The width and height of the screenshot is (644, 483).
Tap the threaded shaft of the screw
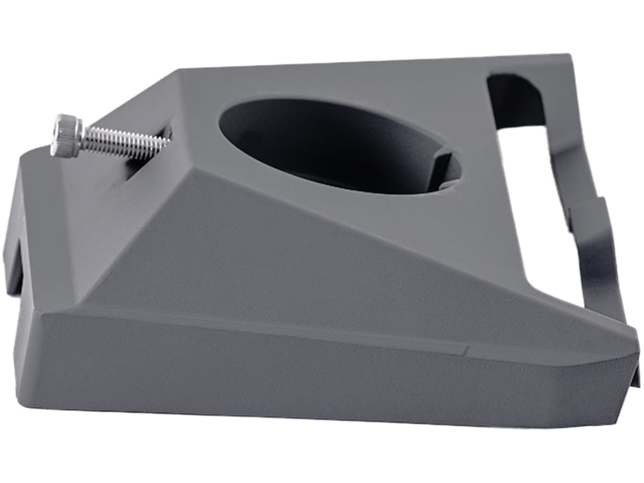(x=123, y=141)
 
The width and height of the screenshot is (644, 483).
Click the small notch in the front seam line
(x=466, y=352)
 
